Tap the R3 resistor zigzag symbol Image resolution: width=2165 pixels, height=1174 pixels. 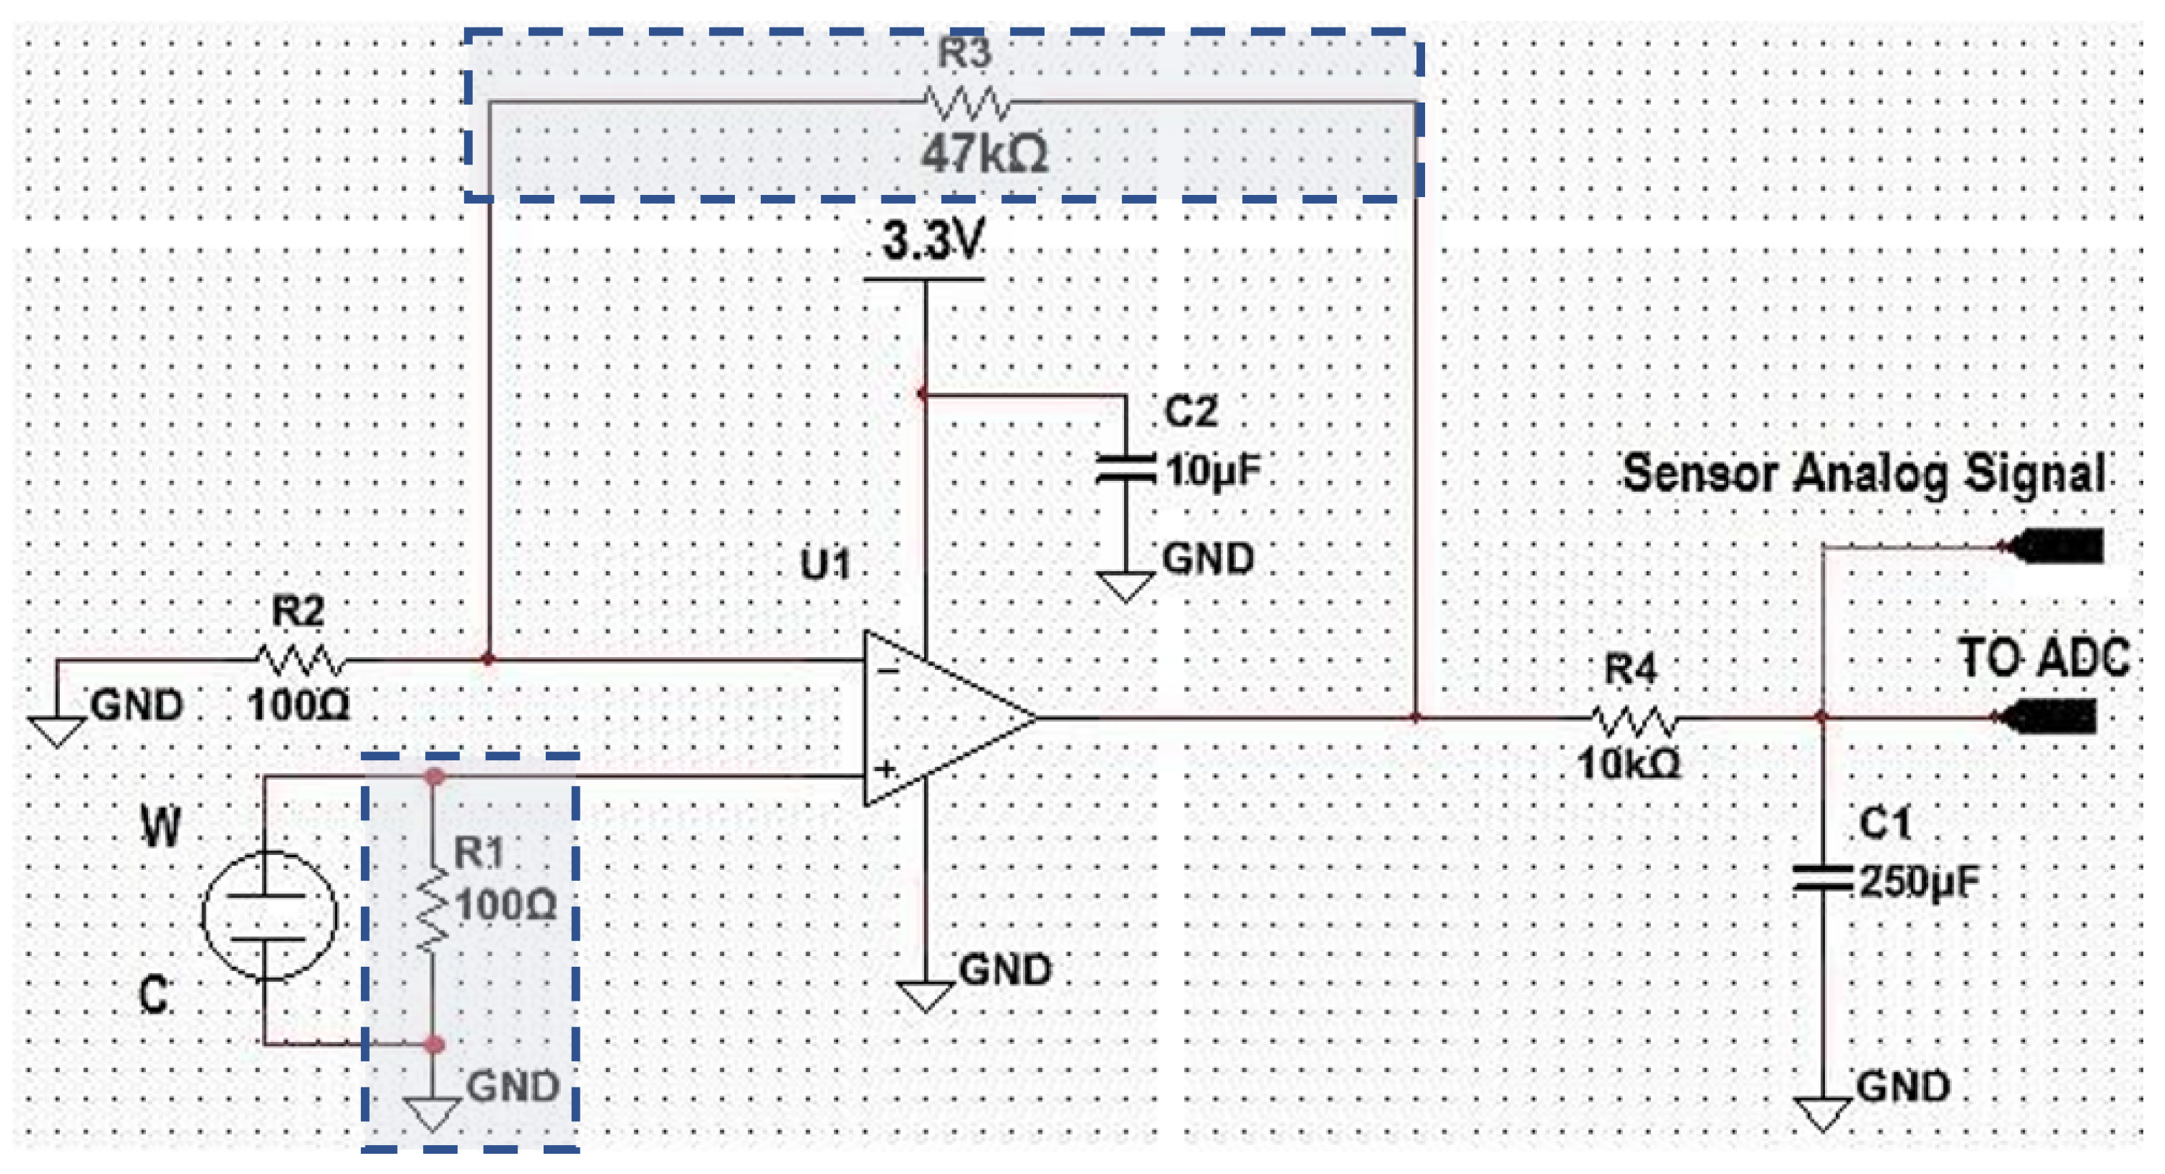[967, 103]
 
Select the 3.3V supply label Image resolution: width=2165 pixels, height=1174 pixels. [931, 241]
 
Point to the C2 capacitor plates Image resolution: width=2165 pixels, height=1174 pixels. [1125, 469]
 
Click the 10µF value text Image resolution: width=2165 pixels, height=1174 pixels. [1213, 471]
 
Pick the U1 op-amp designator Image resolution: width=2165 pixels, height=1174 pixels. [825, 564]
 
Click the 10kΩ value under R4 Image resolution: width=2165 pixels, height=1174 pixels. [1629, 764]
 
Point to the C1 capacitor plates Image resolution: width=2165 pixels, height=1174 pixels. [1821, 878]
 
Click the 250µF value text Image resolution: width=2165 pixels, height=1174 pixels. [1919, 882]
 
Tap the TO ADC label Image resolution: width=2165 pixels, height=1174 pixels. [2044, 658]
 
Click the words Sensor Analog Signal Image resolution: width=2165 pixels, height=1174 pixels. [1863, 473]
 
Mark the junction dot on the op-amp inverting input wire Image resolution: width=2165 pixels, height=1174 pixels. [488, 660]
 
